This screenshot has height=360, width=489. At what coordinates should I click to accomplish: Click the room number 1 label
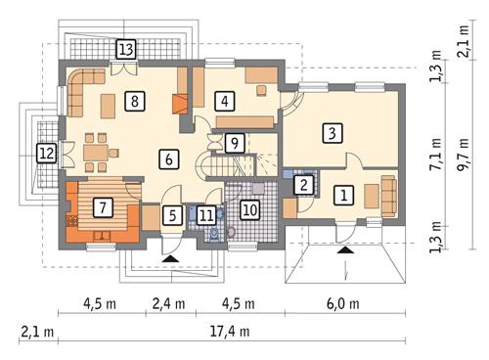(x=343, y=195)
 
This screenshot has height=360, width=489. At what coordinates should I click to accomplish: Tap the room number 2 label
(x=304, y=183)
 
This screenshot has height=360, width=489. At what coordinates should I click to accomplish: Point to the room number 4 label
(x=225, y=100)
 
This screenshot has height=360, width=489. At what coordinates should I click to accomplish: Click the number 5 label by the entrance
(x=171, y=215)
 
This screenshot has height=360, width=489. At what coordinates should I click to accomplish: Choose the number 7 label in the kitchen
(x=100, y=206)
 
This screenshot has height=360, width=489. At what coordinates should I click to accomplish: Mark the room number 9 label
(x=233, y=143)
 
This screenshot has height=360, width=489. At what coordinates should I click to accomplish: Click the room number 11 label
(x=205, y=215)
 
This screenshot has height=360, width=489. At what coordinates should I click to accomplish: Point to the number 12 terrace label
(x=45, y=153)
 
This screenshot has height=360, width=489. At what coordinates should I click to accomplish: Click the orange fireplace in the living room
(x=177, y=104)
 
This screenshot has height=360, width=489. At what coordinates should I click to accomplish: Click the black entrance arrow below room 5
(x=171, y=256)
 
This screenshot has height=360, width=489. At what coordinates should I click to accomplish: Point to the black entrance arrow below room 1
(x=344, y=248)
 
